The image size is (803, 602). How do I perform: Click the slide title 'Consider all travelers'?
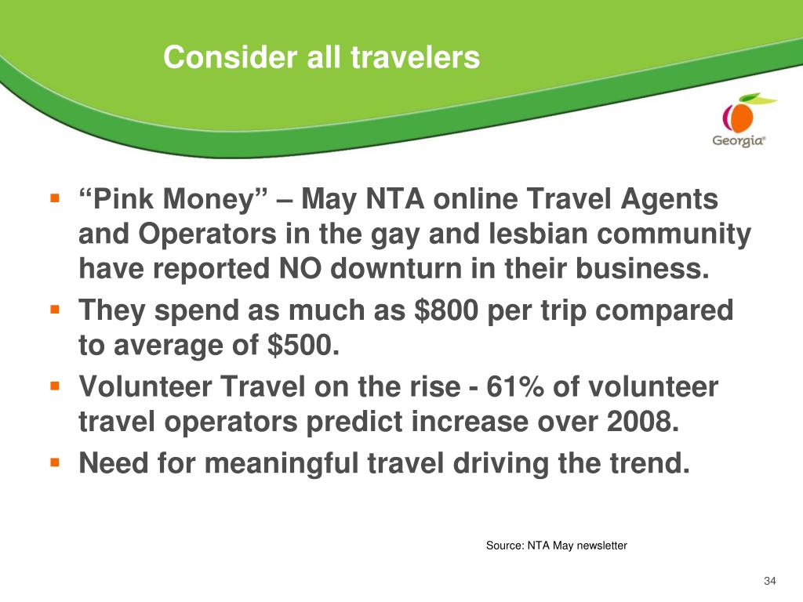tap(322, 56)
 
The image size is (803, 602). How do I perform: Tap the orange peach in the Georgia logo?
tap(740, 118)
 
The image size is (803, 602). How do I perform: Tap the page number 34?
tap(770, 581)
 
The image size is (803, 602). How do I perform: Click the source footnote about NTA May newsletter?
tap(556, 546)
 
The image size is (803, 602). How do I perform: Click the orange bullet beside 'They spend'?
tap(55, 310)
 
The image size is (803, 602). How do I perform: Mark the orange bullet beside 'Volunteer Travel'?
tap(55, 386)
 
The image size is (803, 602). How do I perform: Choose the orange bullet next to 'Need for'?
tap(55, 462)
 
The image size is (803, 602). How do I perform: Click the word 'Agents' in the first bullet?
tap(670, 200)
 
